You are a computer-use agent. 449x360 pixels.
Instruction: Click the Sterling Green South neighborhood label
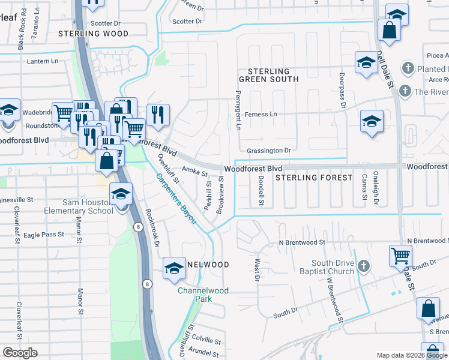click(x=268, y=75)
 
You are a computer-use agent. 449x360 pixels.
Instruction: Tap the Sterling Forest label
click(x=314, y=178)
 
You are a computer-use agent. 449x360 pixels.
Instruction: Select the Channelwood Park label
click(x=203, y=295)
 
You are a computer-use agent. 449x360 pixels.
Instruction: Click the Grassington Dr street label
click(x=268, y=150)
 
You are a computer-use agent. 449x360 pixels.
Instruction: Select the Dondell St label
click(x=262, y=191)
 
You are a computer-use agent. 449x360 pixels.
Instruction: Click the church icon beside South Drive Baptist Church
click(x=363, y=266)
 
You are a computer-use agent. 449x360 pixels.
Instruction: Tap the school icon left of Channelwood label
click(x=174, y=268)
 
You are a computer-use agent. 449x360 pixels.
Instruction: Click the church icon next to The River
click(x=405, y=91)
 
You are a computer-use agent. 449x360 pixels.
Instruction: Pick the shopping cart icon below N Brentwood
click(x=400, y=256)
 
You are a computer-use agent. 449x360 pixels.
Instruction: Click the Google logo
click(x=20, y=353)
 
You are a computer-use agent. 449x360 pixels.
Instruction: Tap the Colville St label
click(x=206, y=340)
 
